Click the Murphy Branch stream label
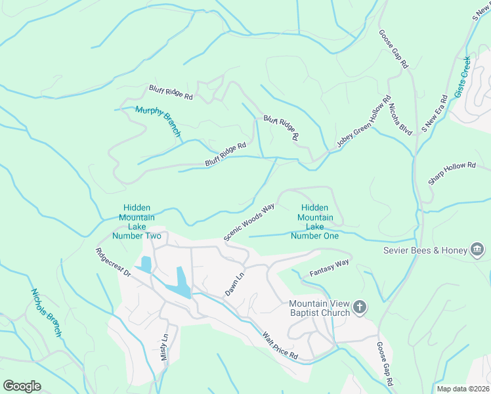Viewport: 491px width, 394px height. point(158,121)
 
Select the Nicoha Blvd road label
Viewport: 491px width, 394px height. point(400,119)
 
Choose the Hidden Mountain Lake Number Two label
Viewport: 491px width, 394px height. point(137,221)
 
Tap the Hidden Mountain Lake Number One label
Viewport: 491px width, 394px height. point(315,221)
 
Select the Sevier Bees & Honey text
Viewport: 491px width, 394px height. point(425,250)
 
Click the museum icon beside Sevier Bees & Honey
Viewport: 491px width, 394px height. point(477,250)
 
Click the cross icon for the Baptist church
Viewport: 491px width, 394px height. point(359,307)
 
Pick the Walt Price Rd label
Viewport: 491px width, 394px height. point(280,345)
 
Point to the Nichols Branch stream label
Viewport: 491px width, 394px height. point(46,313)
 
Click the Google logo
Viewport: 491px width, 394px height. point(22,386)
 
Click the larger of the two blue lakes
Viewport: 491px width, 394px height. point(179,283)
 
